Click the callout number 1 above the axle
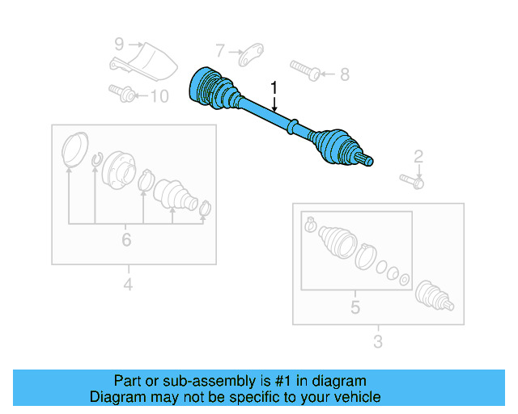[274, 87]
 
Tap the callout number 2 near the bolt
[418, 156]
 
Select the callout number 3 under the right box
[377, 342]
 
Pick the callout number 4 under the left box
[128, 284]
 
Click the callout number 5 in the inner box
[355, 307]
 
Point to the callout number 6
[126, 240]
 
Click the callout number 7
[220, 52]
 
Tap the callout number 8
[344, 75]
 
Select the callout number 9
[118, 44]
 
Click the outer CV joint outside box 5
[435, 297]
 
